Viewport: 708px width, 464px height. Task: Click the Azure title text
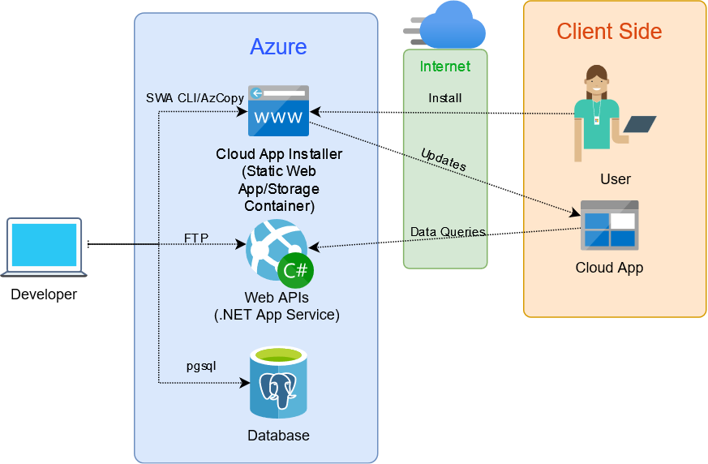coord(278,46)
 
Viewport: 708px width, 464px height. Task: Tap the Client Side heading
coord(609,31)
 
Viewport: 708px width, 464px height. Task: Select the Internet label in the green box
coord(445,67)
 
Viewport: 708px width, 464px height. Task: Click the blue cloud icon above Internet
coord(451,26)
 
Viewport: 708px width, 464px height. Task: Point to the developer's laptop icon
coord(44,247)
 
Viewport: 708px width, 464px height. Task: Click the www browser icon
coord(279,110)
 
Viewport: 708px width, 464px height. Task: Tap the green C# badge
coord(295,271)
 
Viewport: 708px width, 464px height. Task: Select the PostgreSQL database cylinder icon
coord(279,382)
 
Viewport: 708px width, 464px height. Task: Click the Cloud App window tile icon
coord(610,225)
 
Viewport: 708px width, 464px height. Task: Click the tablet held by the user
coord(640,124)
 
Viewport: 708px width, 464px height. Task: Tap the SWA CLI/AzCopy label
coord(195,98)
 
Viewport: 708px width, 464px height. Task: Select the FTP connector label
coord(196,238)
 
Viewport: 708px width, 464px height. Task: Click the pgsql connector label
coord(201,366)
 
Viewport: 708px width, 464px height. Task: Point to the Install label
coord(444,98)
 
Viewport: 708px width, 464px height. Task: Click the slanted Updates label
coord(444,160)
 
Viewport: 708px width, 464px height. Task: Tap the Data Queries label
coord(448,232)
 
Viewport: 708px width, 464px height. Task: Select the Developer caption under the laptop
coord(44,294)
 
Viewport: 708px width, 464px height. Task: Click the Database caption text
coord(279,435)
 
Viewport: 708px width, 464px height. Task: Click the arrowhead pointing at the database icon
coord(245,383)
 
